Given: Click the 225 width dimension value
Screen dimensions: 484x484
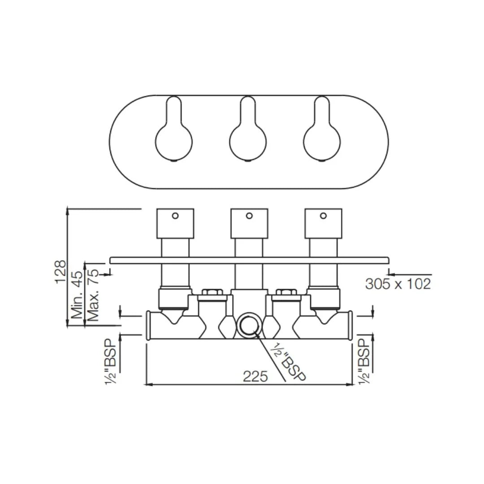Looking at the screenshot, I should click(x=255, y=376).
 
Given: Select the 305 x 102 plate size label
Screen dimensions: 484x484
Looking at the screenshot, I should click(x=398, y=284).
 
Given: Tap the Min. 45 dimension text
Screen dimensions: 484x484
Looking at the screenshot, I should click(x=77, y=294).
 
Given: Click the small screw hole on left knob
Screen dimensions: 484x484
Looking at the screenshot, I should click(x=175, y=216).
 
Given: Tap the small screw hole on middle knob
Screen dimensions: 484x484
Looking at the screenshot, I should click(x=249, y=216).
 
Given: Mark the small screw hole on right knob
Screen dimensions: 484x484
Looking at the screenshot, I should click(x=323, y=216).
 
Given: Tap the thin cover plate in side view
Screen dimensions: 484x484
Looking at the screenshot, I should click(x=249, y=260).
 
